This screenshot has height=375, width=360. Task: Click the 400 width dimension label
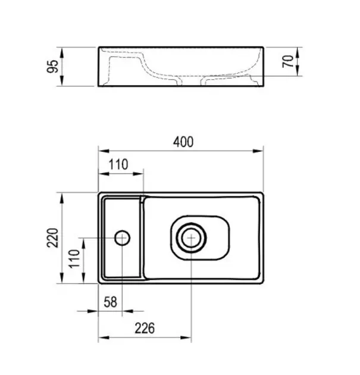[x=183, y=142]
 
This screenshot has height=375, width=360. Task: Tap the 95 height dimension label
[x=52, y=66]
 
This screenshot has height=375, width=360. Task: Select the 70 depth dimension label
[x=288, y=61]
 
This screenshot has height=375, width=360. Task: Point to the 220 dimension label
[x=52, y=237]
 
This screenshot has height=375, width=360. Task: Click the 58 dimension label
[x=111, y=302]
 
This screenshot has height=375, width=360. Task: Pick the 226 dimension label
[x=145, y=328]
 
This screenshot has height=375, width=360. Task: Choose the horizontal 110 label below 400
[x=118, y=164]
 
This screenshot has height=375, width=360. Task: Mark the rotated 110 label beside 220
[x=74, y=258]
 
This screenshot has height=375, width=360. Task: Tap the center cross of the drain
[x=191, y=238]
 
